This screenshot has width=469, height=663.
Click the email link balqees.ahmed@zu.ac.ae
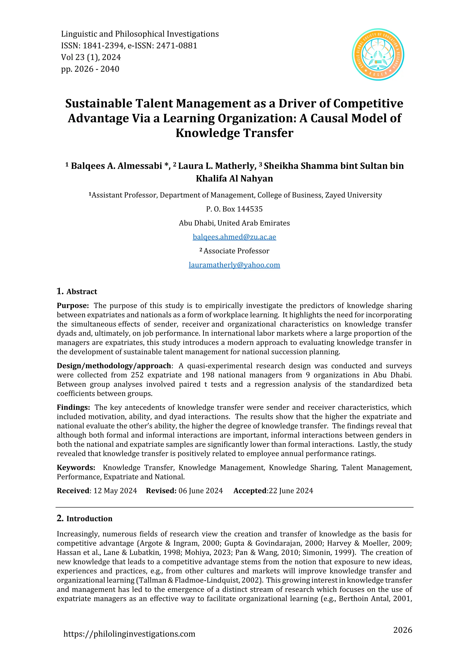(234, 237)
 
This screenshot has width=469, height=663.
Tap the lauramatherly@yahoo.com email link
(234, 265)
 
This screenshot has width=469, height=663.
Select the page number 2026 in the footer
(403, 630)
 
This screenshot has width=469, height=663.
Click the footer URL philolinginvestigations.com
(129, 634)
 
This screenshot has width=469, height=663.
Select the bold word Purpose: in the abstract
(73, 306)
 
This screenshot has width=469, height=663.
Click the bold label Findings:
(73, 408)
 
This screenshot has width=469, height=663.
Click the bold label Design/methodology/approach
(114, 366)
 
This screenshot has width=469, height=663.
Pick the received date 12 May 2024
(115, 491)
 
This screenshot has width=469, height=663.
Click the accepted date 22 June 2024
(291, 491)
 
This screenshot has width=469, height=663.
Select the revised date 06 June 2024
(200, 491)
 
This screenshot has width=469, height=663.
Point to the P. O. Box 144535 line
(234, 209)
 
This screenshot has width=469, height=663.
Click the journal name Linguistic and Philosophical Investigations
(140, 34)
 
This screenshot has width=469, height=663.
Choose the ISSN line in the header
(129, 46)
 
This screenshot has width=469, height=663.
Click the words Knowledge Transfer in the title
(234, 133)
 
